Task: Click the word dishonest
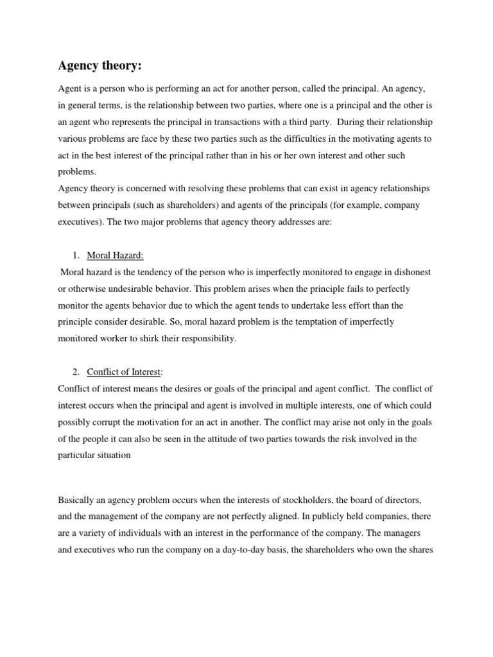coord(411,272)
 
